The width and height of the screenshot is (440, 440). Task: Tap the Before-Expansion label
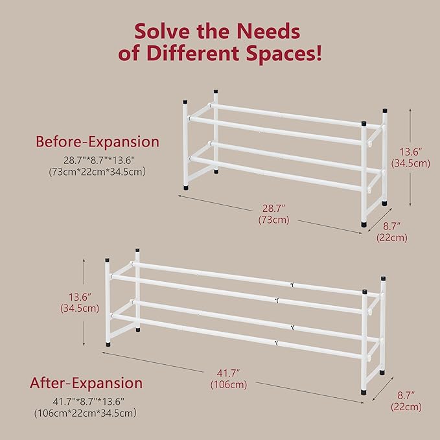point(97,141)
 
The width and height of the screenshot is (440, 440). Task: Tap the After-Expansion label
point(86,383)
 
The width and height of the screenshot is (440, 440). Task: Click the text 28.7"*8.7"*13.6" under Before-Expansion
point(97,159)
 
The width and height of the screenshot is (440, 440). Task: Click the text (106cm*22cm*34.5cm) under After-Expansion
point(86,413)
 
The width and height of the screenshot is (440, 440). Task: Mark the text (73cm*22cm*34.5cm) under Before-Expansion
point(97,171)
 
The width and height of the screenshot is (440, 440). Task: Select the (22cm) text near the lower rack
point(406,407)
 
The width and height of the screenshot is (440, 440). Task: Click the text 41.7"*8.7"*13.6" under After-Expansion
point(86,400)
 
